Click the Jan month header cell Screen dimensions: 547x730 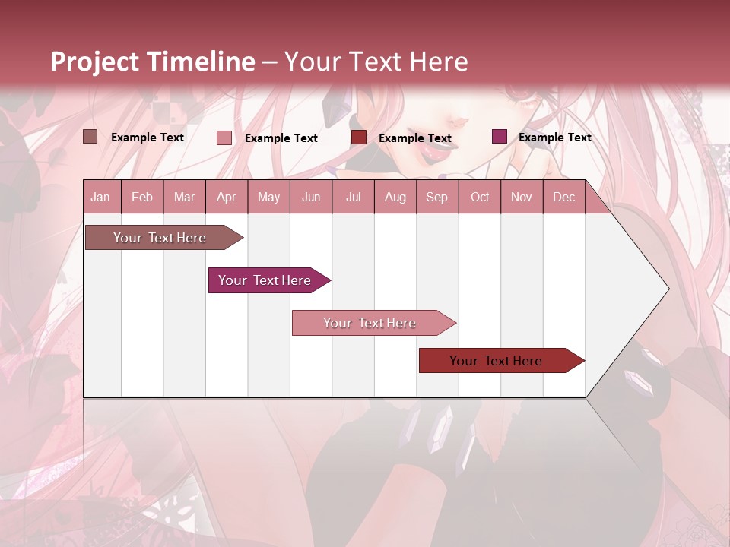(x=101, y=197)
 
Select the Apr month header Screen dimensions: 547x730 (x=227, y=197)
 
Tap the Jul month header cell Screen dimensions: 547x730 (x=353, y=197)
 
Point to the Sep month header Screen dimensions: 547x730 (x=436, y=197)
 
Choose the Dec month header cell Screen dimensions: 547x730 (x=563, y=197)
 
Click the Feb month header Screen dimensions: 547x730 (x=142, y=197)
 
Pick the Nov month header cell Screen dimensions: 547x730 (x=522, y=197)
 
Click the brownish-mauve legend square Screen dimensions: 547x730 (x=90, y=137)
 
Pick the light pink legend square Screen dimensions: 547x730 (x=224, y=138)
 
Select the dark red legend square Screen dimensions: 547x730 (x=359, y=137)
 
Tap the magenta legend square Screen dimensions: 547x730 (x=500, y=137)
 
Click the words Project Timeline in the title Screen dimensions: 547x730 (x=152, y=62)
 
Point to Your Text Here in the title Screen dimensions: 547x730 (x=376, y=62)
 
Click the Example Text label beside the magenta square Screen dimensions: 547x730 (x=554, y=138)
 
